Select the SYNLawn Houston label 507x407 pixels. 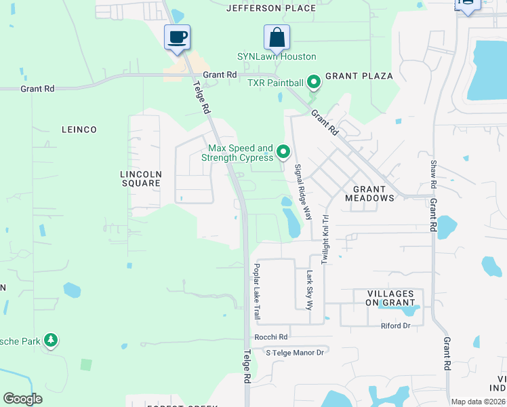coord(276,57)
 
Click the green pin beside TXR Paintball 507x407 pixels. coord(314,83)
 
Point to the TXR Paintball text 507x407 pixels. coord(275,83)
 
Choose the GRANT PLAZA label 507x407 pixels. coord(351,76)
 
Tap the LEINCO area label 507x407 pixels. coord(79,130)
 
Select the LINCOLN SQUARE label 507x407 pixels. coord(141,178)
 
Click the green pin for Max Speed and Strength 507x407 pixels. coord(284,152)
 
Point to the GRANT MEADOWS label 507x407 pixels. coord(369,194)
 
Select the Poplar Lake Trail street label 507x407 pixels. coord(257,291)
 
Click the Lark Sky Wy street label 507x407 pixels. coord(310,290)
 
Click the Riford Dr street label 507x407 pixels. coord(396,326)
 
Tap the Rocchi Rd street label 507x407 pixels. coord(271,337)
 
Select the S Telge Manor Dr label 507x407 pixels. coord(295,352)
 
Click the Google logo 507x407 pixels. coord(23,399)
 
